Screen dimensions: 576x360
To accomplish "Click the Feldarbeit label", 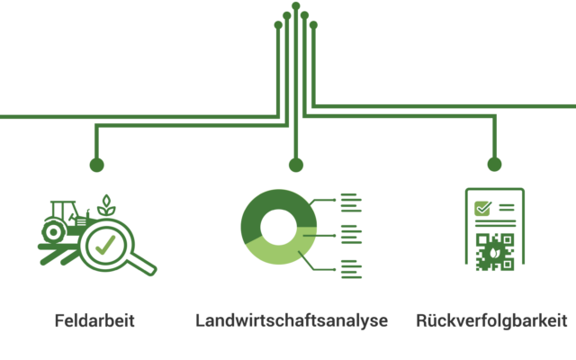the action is pos(94,320).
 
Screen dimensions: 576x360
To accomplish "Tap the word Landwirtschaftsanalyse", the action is pos(292,320).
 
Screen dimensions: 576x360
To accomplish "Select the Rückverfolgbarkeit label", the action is pos(491,320).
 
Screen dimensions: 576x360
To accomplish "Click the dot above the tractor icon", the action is pos(96,165).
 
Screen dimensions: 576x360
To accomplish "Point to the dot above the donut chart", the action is pos(296,165).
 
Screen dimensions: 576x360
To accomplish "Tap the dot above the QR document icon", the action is pos(494,164).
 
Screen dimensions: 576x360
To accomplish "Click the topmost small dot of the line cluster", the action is pos(296,6).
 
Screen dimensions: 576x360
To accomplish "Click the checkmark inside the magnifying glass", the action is pos(105,245).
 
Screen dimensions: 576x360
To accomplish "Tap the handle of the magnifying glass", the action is pos(141,264).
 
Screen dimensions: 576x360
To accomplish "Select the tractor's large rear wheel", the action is pos(54,232).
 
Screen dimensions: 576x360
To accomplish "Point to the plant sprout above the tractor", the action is pos(106,205).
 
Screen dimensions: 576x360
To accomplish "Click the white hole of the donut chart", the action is pos(278,227).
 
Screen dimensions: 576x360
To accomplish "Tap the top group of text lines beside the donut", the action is pos(351,202).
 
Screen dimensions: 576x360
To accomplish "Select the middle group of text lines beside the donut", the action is pos(351,234).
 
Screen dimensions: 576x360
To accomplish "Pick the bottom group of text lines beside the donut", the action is pos(351,269).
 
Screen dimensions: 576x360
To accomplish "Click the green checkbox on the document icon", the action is pos(482,208).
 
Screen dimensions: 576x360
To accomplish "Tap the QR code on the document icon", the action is pos(494,252).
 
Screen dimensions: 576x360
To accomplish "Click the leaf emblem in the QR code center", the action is pos(494,253).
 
